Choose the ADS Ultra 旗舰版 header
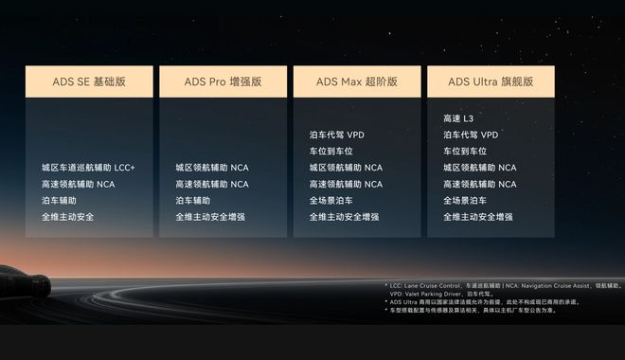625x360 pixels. (x=491, y=81)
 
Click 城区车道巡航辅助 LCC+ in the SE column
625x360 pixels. (x=88, y=168)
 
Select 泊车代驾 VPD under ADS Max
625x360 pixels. (x=336, y=135)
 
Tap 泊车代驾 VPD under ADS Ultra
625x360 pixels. (x=471, y=135)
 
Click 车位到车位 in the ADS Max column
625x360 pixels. (x=330, y=152)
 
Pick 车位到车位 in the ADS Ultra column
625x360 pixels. (x=465, y=152)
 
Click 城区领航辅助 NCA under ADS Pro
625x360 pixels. (x=212, y=168)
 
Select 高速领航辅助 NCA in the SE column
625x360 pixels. (x=78, y=184)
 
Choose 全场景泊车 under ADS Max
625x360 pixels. (x=330, y=201)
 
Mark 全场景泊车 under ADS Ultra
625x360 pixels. (x=465, y=201)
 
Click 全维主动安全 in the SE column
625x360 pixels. (x=68, y=217)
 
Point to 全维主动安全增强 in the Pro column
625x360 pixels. (x=210, y=217)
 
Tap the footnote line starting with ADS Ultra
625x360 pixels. (x=483, y=302)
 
